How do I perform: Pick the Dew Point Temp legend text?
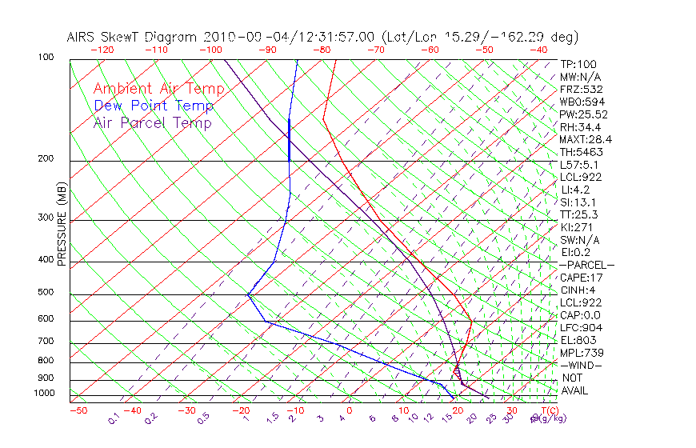(x=154, y=106)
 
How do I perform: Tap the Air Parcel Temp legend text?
(x=153, y=122)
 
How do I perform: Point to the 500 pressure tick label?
(x=46, y=292)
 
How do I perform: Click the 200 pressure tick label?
(x=46, y=159)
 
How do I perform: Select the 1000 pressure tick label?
(x=44, y=394)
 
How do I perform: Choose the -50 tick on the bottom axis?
(x=78, y=411)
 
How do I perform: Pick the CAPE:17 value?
(x=581, y=278)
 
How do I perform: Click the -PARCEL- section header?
(x=586, y=265)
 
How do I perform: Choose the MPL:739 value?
(x=581, y=353)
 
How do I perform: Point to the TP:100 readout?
(x=578, y=64)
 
